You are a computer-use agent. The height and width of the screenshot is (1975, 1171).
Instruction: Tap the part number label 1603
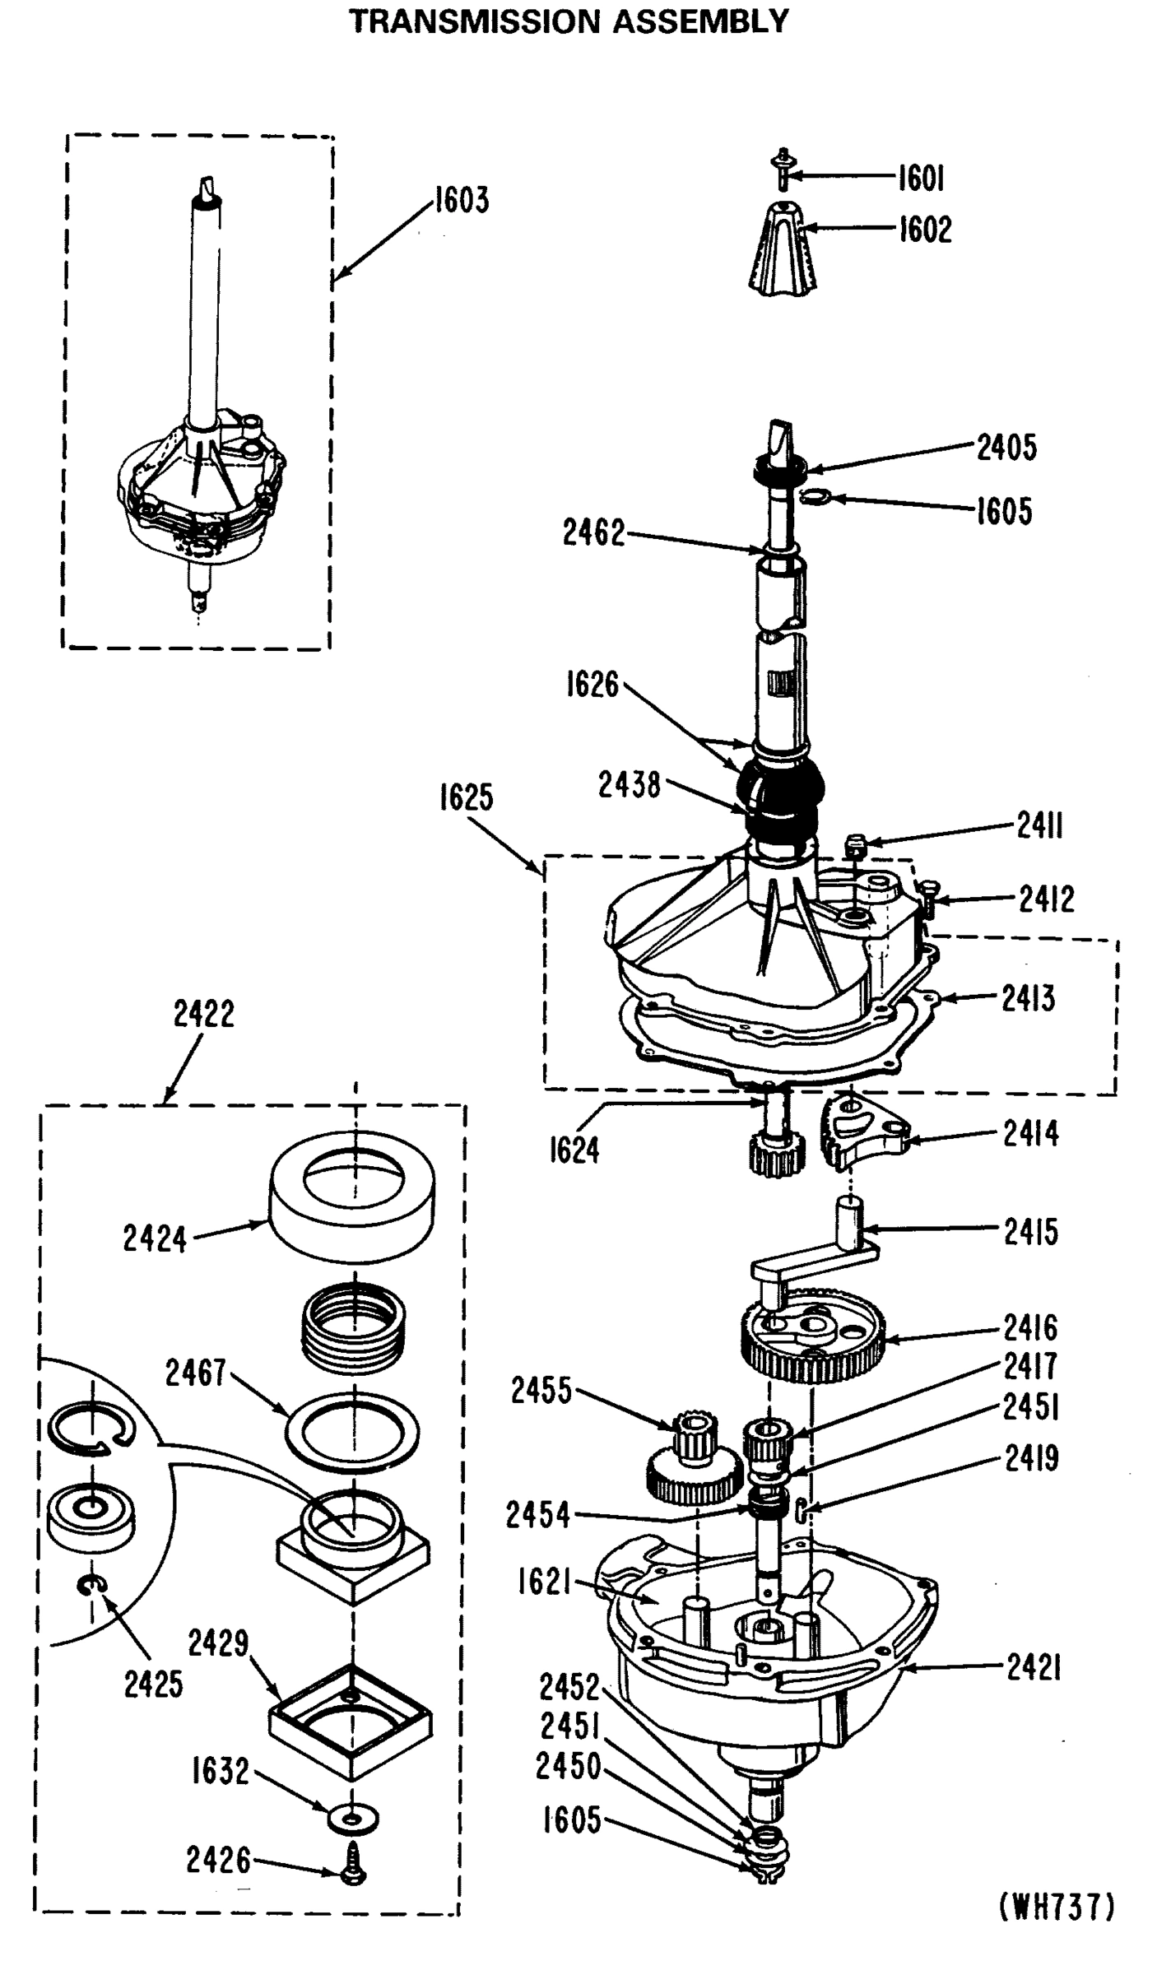click(462, 200)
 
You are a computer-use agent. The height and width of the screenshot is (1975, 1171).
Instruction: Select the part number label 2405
click(1006, 448)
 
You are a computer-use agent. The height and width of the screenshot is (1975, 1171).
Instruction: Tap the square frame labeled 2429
click(351, 1720)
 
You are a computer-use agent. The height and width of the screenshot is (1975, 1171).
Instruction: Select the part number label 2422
click(203, 1014)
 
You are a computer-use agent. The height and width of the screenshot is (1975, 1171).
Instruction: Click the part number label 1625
click(466, 797)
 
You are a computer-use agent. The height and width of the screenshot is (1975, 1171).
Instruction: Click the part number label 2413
click(1028, 999)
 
